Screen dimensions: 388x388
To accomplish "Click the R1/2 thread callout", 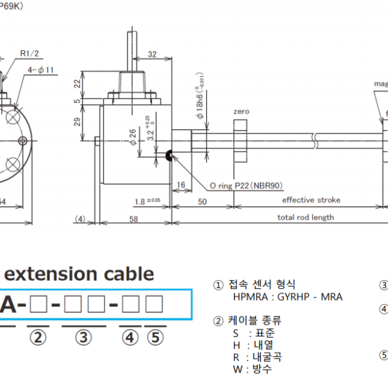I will [29, 54].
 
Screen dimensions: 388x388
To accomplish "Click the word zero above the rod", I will [241, 112].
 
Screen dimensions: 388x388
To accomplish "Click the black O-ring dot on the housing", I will [170, 155].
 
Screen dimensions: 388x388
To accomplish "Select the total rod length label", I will [306, 217].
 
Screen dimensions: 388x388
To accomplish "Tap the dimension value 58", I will [134, 220].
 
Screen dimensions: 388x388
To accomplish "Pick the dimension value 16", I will [180, 185].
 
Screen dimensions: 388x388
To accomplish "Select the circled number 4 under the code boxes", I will [131, 336].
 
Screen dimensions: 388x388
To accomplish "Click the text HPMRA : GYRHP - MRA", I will [288, 297].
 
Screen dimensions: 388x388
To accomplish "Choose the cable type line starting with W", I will [252, 369].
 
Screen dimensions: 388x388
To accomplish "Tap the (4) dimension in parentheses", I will [80, 219].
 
